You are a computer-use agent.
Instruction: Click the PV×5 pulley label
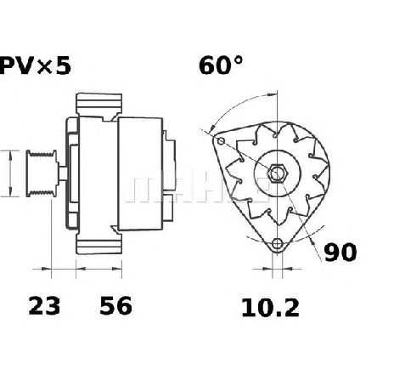click(35, 66)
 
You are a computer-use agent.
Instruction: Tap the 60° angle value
click(221, 65)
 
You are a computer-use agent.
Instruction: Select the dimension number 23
click(44, 306)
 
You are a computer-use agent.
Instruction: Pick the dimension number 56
click(115, 306)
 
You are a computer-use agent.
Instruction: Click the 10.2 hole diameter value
click(270, 309)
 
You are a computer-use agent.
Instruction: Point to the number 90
click(341, 252)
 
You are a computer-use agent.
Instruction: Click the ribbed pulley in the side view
click(42, 173)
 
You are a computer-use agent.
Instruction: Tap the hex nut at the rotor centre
click(278, 173)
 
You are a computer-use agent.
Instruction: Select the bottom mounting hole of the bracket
click(277, 244)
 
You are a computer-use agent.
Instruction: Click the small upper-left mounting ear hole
click(221, 141)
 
